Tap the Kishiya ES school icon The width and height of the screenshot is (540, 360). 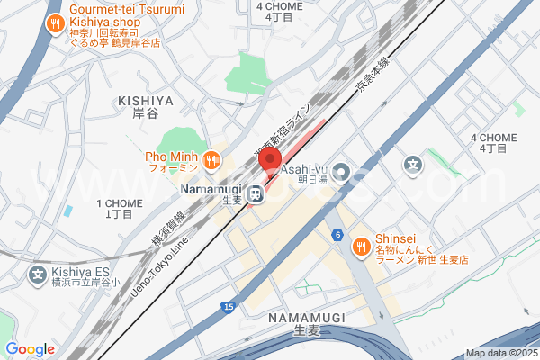[39, 274]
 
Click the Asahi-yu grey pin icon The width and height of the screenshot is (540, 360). [342, 171]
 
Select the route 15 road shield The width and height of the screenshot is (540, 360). [228, 308]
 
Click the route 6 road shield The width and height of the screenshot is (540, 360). [337, 235]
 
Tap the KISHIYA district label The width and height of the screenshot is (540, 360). [144, 103]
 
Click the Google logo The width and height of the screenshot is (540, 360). [30, 349]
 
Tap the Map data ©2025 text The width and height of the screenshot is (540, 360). [500, 353]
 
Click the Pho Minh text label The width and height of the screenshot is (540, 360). [171, 156]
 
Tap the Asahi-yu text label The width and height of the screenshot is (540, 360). [301, 168]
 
